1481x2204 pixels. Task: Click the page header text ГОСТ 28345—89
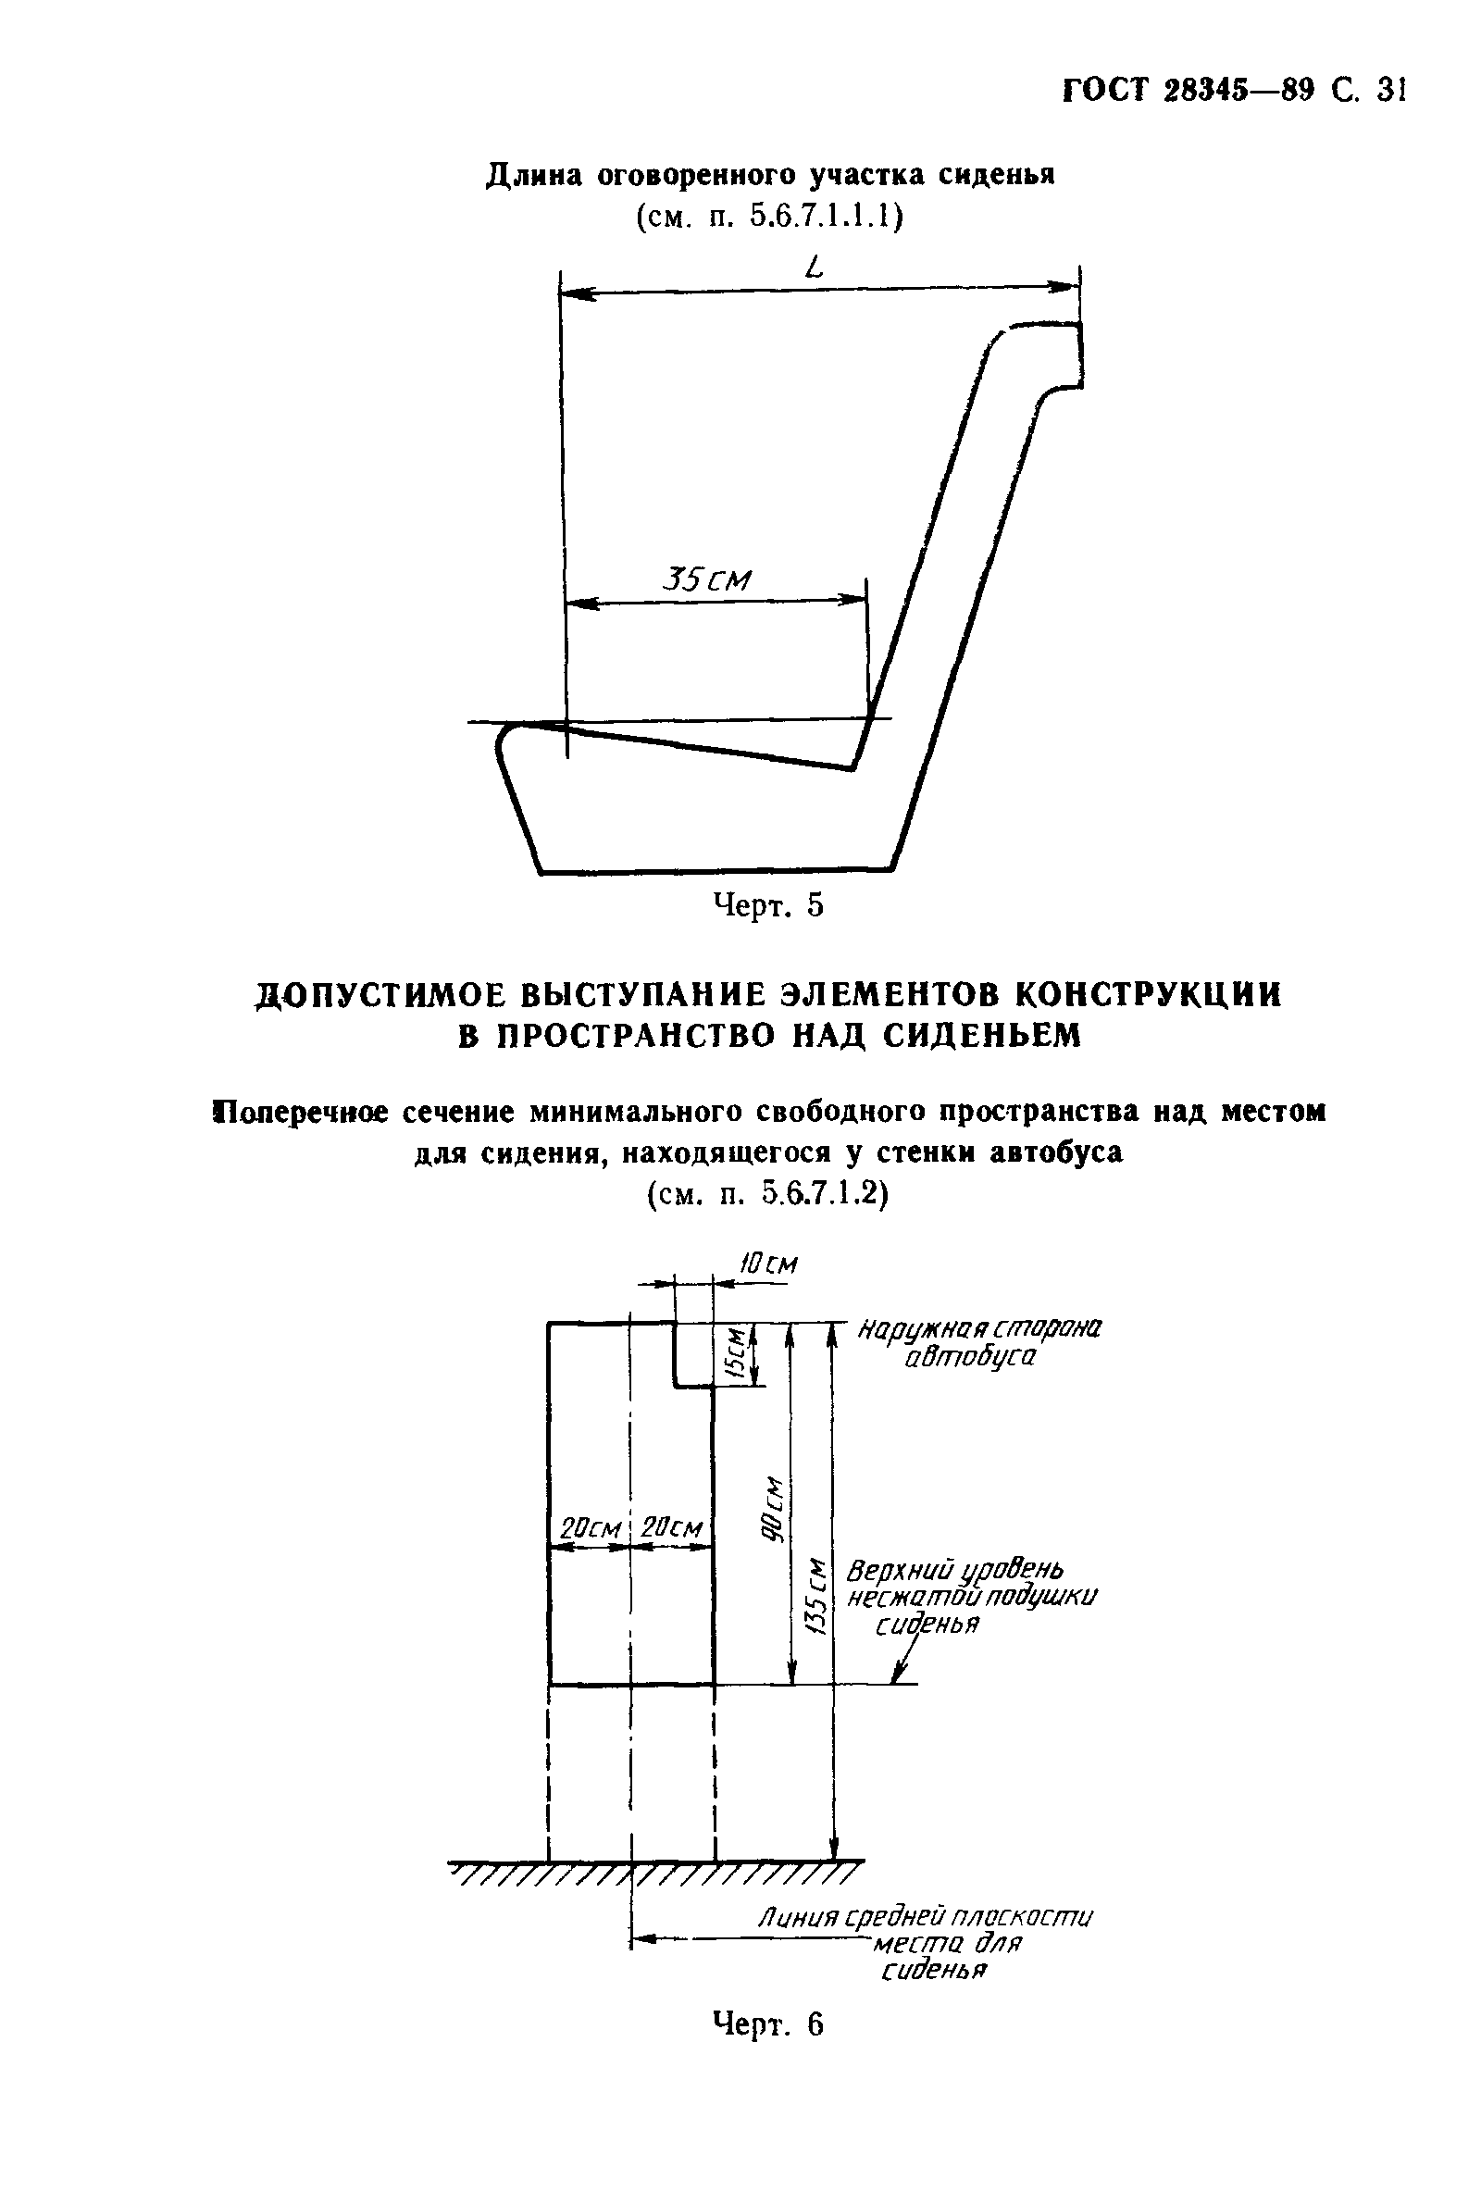pos(1189,91)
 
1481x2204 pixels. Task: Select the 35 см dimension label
pos(707,579)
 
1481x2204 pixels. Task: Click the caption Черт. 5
pos(767,905)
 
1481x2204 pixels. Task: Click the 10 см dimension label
pos(767,1264)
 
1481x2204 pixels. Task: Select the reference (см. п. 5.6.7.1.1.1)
pos(770,218)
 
